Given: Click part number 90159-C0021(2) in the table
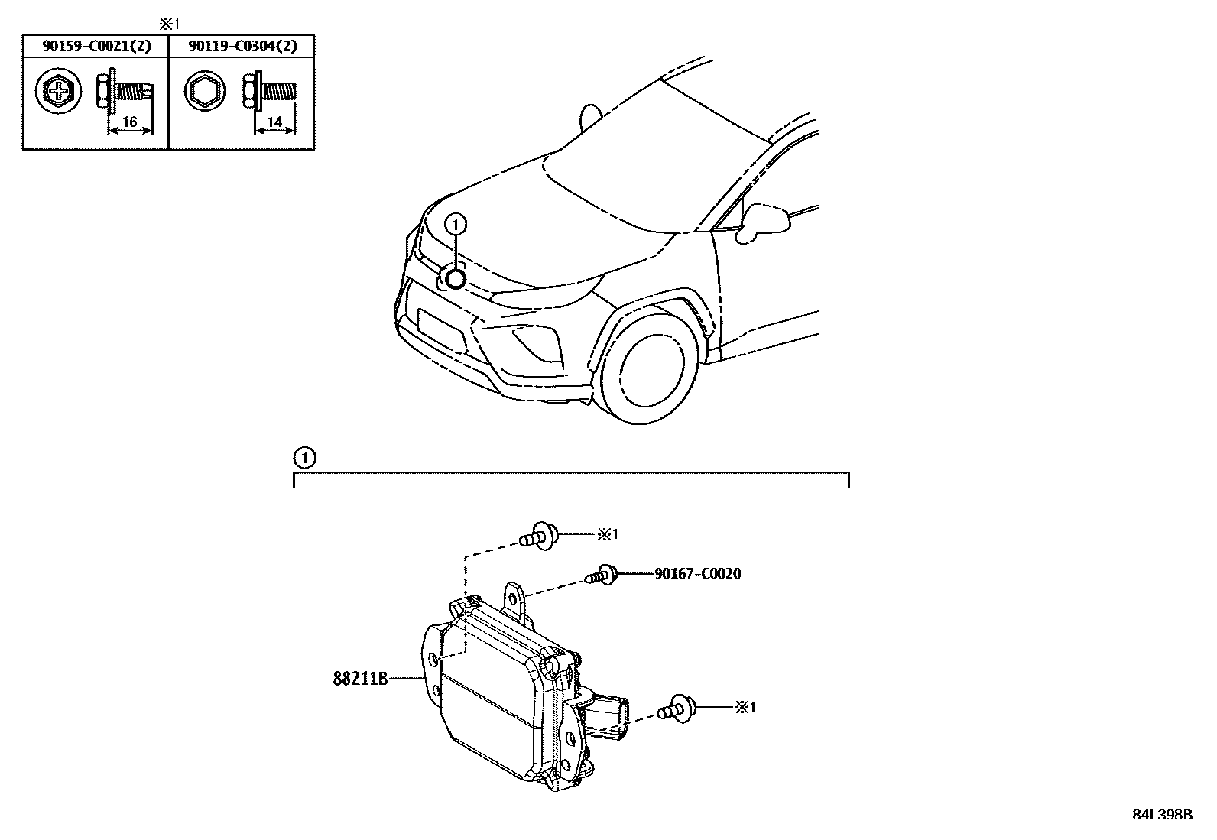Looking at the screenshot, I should (96, 46).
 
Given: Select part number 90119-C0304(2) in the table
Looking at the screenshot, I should (242, 46).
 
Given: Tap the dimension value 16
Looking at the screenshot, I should (129, 122).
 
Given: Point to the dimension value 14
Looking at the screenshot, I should (275, 122).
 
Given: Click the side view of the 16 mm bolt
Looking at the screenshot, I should (126, 92).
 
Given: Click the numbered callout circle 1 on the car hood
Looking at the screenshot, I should (456, 224).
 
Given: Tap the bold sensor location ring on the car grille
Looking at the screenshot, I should (455, 279).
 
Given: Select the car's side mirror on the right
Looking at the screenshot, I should (766, 218).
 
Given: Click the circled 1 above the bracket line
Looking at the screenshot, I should (303, 458).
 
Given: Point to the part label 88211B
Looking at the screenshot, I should (360, 678).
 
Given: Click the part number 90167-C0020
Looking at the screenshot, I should (697, 573).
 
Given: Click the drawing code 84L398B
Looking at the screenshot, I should (1162, 815).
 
